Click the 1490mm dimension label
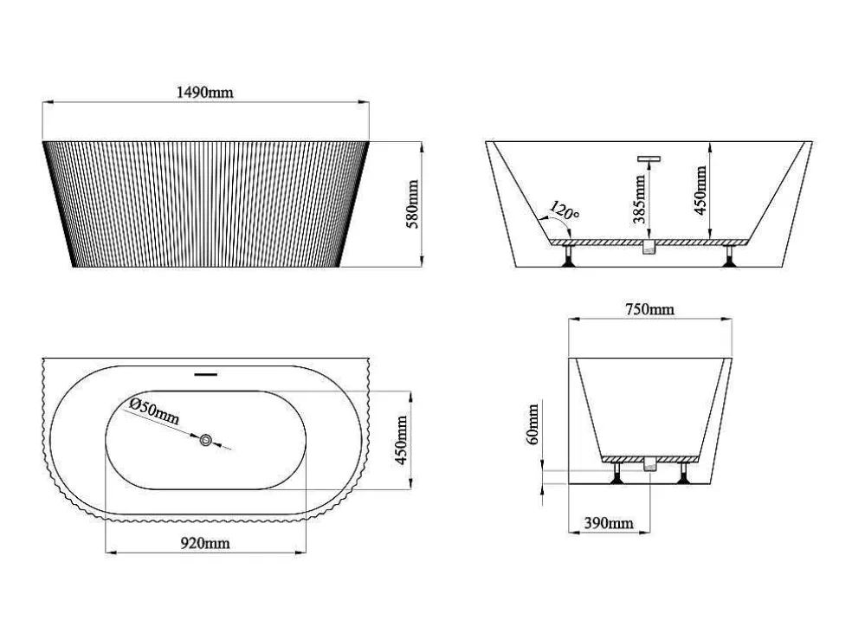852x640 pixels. pos(205,93)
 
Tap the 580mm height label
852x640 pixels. pos(413,204)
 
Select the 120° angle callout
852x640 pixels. pos(565,210)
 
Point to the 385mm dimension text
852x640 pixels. pos(640,199)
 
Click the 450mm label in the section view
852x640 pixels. pos(701,191)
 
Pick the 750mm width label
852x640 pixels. pos(650,310)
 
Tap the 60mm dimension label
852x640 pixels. pos(532,423)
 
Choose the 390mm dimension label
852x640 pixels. pos(609,523)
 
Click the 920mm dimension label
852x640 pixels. pos(205,543)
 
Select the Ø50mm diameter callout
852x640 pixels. pos(154,411)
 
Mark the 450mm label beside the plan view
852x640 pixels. pos(401,440)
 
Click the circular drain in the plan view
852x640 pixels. pos(206,440)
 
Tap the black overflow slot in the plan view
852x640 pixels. pos(206,374)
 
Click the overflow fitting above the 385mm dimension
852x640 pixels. pos(649,159)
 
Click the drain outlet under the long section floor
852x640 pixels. pos(649,247)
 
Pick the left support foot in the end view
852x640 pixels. pos(616,473)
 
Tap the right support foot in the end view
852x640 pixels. pos(683,473)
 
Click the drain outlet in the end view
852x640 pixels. pos(650,464)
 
